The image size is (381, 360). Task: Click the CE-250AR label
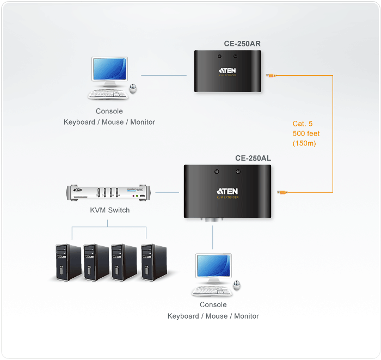[242, 44]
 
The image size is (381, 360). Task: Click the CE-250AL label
[253, 158]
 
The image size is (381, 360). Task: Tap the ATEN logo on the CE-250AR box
[228, 70]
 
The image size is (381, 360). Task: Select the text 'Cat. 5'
[303, 124]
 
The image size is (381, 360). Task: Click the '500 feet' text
[306, 133]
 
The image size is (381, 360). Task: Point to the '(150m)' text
[304, 143]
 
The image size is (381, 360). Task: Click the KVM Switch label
[110, 210]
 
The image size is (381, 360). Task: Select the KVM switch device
[110, 193]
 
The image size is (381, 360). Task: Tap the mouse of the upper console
[133, 88]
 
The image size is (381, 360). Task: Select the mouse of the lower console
[237, 286]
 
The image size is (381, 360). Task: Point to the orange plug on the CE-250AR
[270, 76]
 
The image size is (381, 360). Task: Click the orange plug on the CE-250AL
[283, 192]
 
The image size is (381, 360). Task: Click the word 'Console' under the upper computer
[109, 111]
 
